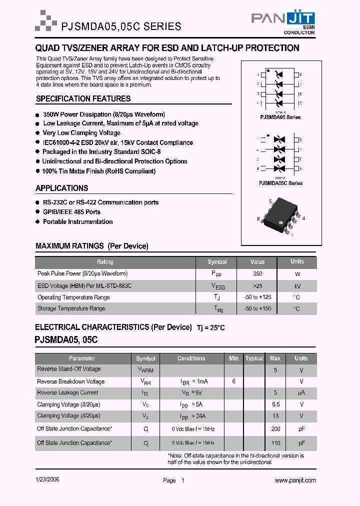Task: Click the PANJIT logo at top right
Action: point(282,21)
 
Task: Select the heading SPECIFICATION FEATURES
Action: point(83,99)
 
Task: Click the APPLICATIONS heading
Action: point(61,188)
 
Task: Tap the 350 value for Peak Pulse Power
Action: point(257,274)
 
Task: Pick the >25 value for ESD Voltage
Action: point(257,286)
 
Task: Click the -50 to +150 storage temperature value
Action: point(257,309)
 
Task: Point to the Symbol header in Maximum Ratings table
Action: point(217,262)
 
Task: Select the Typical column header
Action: point(254,358)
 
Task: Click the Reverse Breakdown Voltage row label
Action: point(70,381)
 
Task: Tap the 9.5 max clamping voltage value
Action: point(275,404)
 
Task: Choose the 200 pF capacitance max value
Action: point(275,429)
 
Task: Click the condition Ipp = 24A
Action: point(192,416)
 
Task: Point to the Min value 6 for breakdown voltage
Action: point(233,381)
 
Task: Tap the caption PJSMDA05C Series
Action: point(280,183)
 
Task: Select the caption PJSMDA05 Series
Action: point(280,117)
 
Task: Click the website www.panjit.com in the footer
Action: point(295,480)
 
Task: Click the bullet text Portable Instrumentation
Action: point(77,222)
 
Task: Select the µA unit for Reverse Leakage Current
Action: point(301,393)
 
